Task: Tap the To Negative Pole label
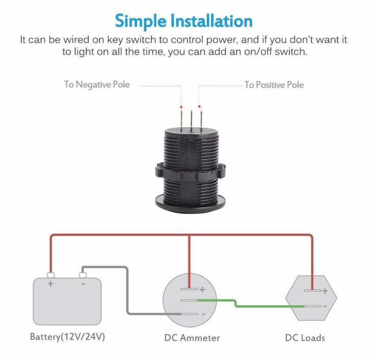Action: pos(96,84)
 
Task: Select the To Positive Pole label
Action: pos(274,84)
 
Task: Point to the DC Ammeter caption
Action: pos(192,337)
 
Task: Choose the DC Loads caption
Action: pos(305,337)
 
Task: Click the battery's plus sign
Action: pos(50,284)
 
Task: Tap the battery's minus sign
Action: pos(84,283)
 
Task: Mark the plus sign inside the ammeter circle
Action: pos(202,290)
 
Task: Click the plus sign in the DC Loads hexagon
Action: pos(325,291)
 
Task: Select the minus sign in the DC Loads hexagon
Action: pos(325,306)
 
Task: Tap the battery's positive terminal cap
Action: pos(50,275)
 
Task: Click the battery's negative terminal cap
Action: pos(83,275)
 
